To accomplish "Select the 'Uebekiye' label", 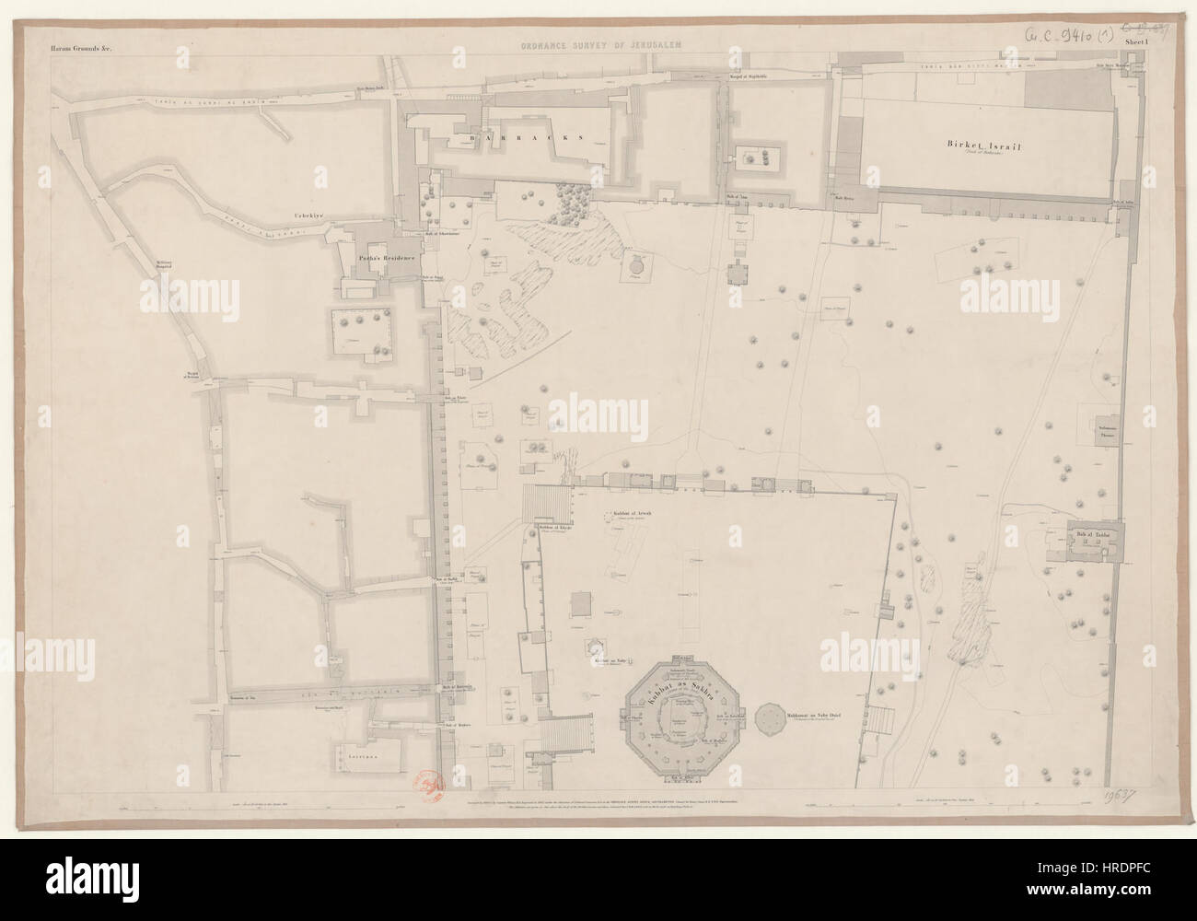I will [x=305, y=217].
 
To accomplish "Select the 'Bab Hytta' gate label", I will [x=846, y=197].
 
